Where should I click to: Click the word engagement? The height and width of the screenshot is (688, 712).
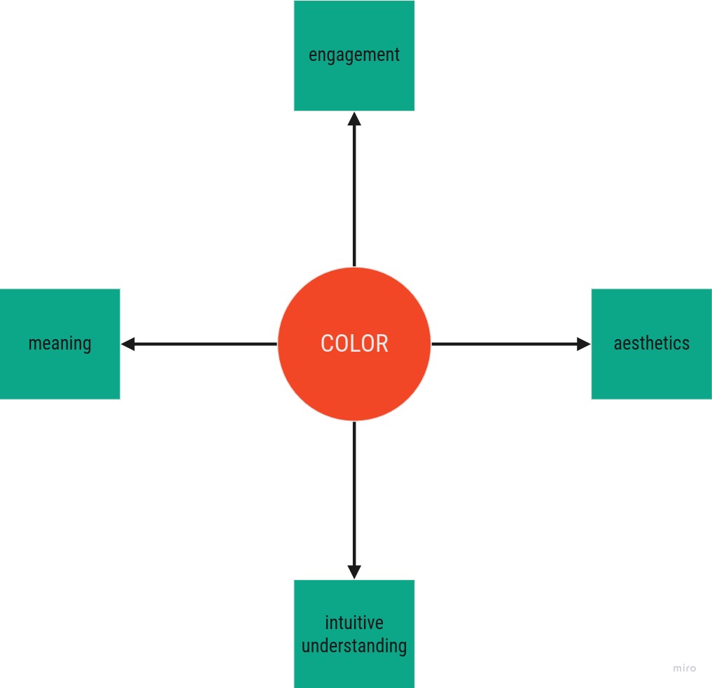click(354, 55)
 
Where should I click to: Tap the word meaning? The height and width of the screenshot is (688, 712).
click(60, 344)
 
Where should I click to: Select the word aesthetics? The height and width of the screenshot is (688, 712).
click(652, 343)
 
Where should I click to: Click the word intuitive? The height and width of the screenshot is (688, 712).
click(354, 623)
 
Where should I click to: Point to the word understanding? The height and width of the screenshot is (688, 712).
click(354, 646)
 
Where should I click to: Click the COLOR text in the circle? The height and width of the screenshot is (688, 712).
click(354, 343)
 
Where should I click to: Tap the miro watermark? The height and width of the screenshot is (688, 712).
click(684, 668)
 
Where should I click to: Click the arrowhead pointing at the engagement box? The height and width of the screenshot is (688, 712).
click(354, 119)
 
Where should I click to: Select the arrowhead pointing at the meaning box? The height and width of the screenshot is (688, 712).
click(128, 344)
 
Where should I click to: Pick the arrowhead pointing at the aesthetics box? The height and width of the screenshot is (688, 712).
click(583, 344)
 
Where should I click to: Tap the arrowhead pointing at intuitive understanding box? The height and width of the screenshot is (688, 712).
click(354, 572)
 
